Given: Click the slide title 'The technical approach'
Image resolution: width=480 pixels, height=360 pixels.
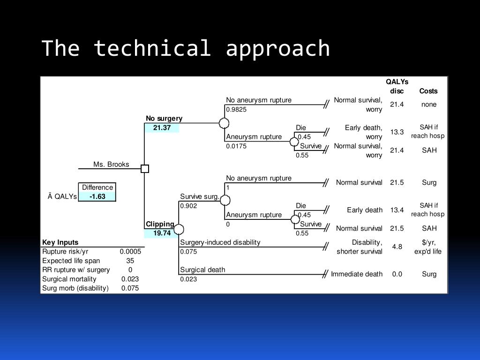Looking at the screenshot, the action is coord(186,48).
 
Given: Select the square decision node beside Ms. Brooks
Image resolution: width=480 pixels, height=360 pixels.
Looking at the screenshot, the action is coord(145,169).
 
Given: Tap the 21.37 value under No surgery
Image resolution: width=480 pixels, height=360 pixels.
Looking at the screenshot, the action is coord(162,127).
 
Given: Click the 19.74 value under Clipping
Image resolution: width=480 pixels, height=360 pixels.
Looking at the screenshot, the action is coord(162,233).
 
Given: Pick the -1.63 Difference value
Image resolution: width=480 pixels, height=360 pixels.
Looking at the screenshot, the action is coord(97,196).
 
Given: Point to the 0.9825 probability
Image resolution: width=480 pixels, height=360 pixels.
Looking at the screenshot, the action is coord(236,109).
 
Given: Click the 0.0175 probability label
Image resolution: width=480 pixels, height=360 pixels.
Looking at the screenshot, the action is coord(236,146).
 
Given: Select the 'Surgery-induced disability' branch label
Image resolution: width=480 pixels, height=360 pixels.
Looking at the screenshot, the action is coord(220,242).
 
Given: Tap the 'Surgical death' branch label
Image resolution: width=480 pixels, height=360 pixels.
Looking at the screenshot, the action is coord(202,270).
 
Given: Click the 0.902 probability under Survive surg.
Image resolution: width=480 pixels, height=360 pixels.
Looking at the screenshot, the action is coord(188,205).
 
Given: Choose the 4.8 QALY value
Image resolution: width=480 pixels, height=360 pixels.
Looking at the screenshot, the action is coord(397,247).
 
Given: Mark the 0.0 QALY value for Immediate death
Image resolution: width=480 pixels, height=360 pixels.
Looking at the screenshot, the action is coord(397,274).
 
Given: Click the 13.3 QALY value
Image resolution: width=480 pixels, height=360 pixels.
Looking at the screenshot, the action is coord(397,132).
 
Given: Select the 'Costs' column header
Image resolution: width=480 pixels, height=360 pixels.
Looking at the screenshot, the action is coord(428,91).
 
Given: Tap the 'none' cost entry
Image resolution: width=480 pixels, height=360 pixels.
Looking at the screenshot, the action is coord(429,105).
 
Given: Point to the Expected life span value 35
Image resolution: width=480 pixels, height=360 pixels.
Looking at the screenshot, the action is coord(130,261).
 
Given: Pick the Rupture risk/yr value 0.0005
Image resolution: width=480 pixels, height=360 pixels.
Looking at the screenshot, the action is coord(130,251).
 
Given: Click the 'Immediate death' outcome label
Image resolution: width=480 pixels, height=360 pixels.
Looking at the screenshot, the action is coord(357,274).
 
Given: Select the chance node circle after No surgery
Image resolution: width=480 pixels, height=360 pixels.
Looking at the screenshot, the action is coord(225,123).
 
